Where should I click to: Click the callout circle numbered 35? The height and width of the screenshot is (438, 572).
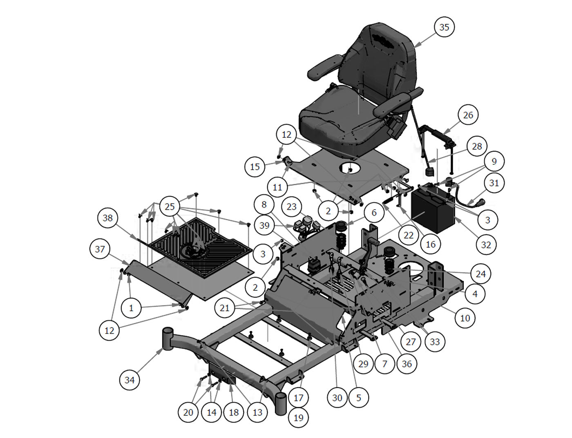pos(444,27)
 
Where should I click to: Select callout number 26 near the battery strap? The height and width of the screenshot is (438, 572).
pos(468,115)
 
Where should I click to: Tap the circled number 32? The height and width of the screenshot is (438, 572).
pos(486,244)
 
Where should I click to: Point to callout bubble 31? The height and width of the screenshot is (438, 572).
pos(494,183)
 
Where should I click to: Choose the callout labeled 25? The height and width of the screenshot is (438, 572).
pos(170,207)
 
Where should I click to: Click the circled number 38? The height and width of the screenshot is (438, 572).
pos(107,218)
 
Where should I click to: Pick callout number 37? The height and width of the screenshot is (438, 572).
pos(100,249)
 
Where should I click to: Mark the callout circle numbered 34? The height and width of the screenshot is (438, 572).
pos(130,380)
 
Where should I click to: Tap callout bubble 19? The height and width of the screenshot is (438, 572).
pos(299,417)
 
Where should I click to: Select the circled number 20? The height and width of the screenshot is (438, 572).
pos(188,412)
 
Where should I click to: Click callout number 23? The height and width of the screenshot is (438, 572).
pos(291,207)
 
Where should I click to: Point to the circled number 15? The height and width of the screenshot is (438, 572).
pos(255,167)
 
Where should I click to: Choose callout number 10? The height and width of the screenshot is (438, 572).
pos(465,318)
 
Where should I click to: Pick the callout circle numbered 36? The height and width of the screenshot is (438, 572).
pos(407,363)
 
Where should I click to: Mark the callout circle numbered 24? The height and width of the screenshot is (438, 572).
pos(480,274)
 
